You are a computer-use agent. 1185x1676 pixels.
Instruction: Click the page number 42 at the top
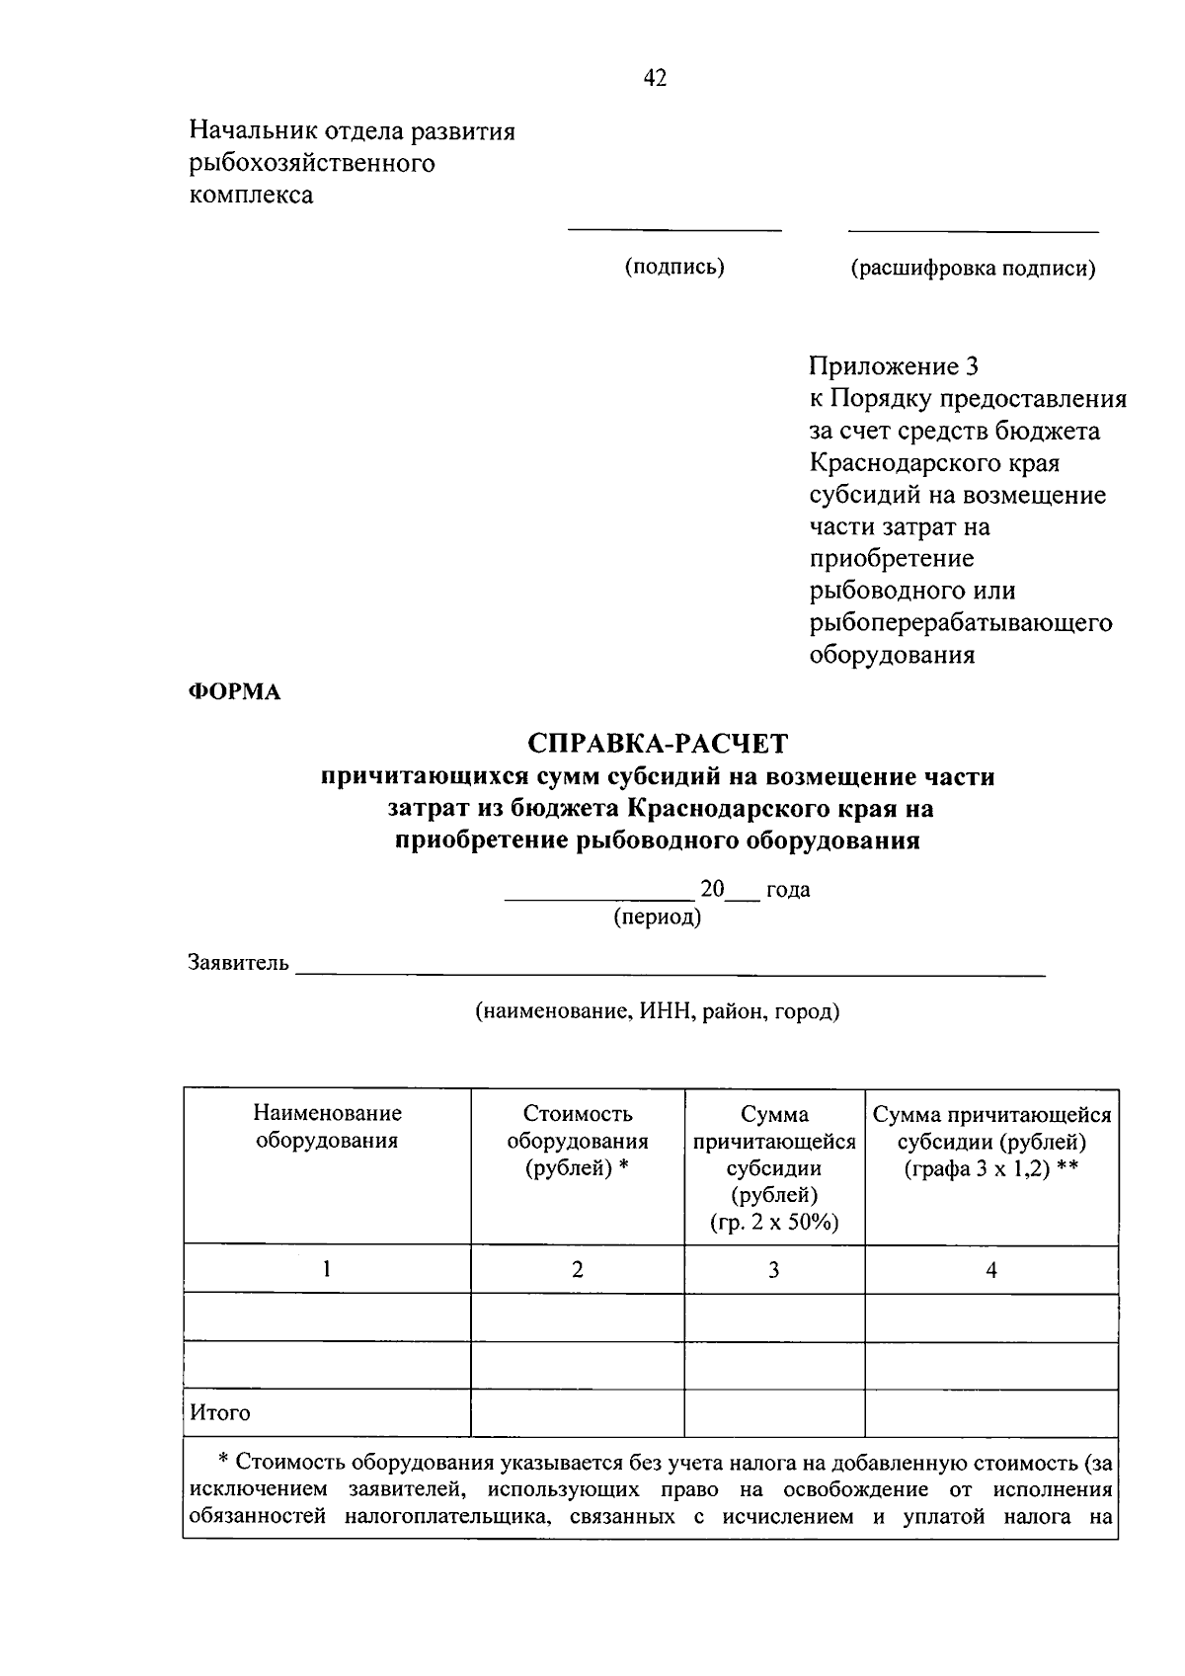pos(655,78)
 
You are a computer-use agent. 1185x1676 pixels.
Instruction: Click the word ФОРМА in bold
pos(234,692)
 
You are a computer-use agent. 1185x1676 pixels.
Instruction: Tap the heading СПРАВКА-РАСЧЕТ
pos(658,743)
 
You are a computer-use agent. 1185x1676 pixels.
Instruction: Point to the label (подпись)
pos(674,267)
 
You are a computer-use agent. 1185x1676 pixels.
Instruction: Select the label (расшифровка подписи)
pos(973,268)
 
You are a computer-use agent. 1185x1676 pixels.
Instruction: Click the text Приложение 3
pos(894,367)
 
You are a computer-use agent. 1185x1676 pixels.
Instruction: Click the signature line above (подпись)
pos(674,230)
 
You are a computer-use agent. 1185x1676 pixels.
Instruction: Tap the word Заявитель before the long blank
pos(238,963)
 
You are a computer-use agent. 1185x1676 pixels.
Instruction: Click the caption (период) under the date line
pos(658,917)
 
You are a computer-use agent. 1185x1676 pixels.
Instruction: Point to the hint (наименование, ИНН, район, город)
pos(658,1011)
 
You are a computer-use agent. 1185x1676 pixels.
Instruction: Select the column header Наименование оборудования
pos(327,1127)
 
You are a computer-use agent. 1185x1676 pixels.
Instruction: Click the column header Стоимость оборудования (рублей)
pos(578,1141)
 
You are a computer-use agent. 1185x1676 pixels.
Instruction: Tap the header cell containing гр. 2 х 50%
pos(774,1167)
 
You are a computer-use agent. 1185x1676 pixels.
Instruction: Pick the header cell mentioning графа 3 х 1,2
pos(991,1141)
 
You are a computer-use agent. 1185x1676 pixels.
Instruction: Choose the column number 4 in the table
pos(991,1270)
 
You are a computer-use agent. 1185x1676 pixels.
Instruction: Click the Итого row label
pos(220,1412)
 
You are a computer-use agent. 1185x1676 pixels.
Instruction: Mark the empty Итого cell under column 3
pos(774,1412)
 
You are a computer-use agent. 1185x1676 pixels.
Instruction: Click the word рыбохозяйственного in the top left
pos(312,163)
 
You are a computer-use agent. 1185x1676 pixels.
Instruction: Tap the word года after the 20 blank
pos(788,889)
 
